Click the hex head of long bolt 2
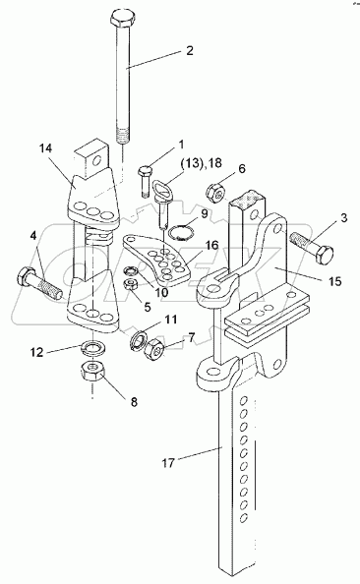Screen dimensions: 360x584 123,19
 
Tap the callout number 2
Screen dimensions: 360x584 190,51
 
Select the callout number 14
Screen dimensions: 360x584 46,148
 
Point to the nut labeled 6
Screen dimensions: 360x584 216,194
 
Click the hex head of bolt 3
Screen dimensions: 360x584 325,255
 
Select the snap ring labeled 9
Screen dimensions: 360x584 181,233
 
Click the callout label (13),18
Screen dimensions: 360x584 201,163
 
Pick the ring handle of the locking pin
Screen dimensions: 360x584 162,188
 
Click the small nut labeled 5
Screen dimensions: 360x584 131,286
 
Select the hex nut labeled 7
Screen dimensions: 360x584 153,349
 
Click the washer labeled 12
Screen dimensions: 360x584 93,347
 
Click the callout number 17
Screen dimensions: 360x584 168,463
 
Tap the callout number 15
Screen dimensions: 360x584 334,281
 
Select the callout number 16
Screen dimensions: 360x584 211,246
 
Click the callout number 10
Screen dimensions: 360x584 161,292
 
